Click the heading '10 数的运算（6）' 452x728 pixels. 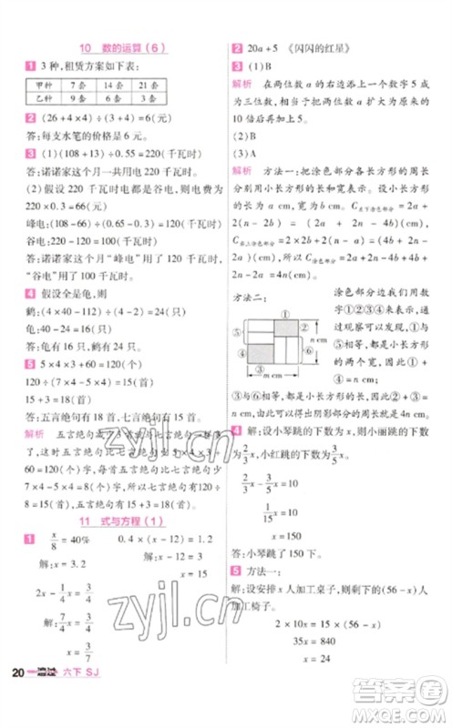point(118,49)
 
